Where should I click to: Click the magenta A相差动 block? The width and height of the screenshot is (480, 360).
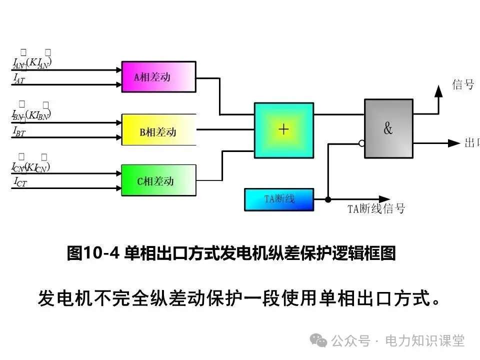coord(158,76)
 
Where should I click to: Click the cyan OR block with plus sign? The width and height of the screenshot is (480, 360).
coord(283,130)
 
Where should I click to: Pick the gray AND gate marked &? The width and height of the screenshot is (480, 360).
coord(388,128)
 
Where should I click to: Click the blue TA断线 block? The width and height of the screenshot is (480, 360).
coord(279,199)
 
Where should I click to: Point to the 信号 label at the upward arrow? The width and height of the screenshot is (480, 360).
coord(463,84)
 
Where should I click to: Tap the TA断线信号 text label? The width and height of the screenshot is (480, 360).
coord(376,209)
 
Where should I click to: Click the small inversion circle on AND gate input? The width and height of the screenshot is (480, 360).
coord(361,143)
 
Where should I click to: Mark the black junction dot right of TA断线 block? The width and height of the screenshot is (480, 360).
coord(328,199)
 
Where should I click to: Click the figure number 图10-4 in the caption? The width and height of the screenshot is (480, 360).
coord(93,253)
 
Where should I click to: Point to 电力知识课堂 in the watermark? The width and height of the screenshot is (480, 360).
coord(424,341)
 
